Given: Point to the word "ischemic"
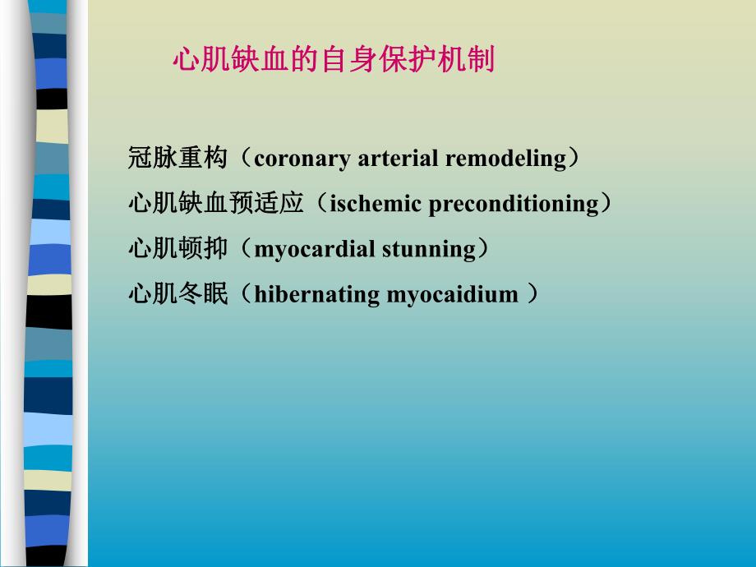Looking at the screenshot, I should [x=375, y=204].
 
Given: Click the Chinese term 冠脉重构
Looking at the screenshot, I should [x=177, y=158].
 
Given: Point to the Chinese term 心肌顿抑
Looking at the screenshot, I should [x=177, y=248].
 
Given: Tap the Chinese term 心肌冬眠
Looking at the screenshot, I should [x=177, y=293].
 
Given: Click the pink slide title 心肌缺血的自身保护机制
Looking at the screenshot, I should [x=334, y=60].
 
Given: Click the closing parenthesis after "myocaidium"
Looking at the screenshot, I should [x=532, y=294].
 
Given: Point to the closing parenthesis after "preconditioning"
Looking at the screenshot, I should [x=606, y=204].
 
